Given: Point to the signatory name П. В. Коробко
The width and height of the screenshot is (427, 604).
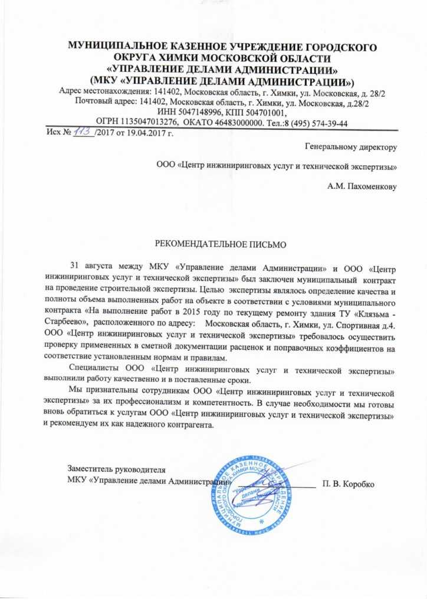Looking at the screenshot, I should (348, 484).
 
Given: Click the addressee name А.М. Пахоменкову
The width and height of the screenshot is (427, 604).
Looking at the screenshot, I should (362, 187).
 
